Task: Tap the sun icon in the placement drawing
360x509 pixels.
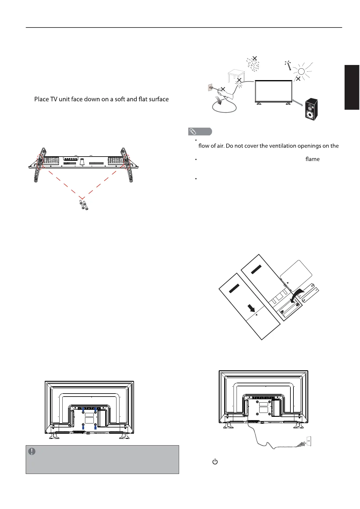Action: [x=301, y=71]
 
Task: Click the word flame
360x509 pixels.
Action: [x=312, y=159]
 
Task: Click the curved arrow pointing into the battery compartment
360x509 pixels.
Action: [x=297, y=295]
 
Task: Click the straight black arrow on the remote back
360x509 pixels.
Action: [x=251, y=308]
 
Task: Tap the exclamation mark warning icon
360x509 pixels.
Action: [x=32, y=451]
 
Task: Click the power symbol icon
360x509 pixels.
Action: [x=215, y=462]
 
